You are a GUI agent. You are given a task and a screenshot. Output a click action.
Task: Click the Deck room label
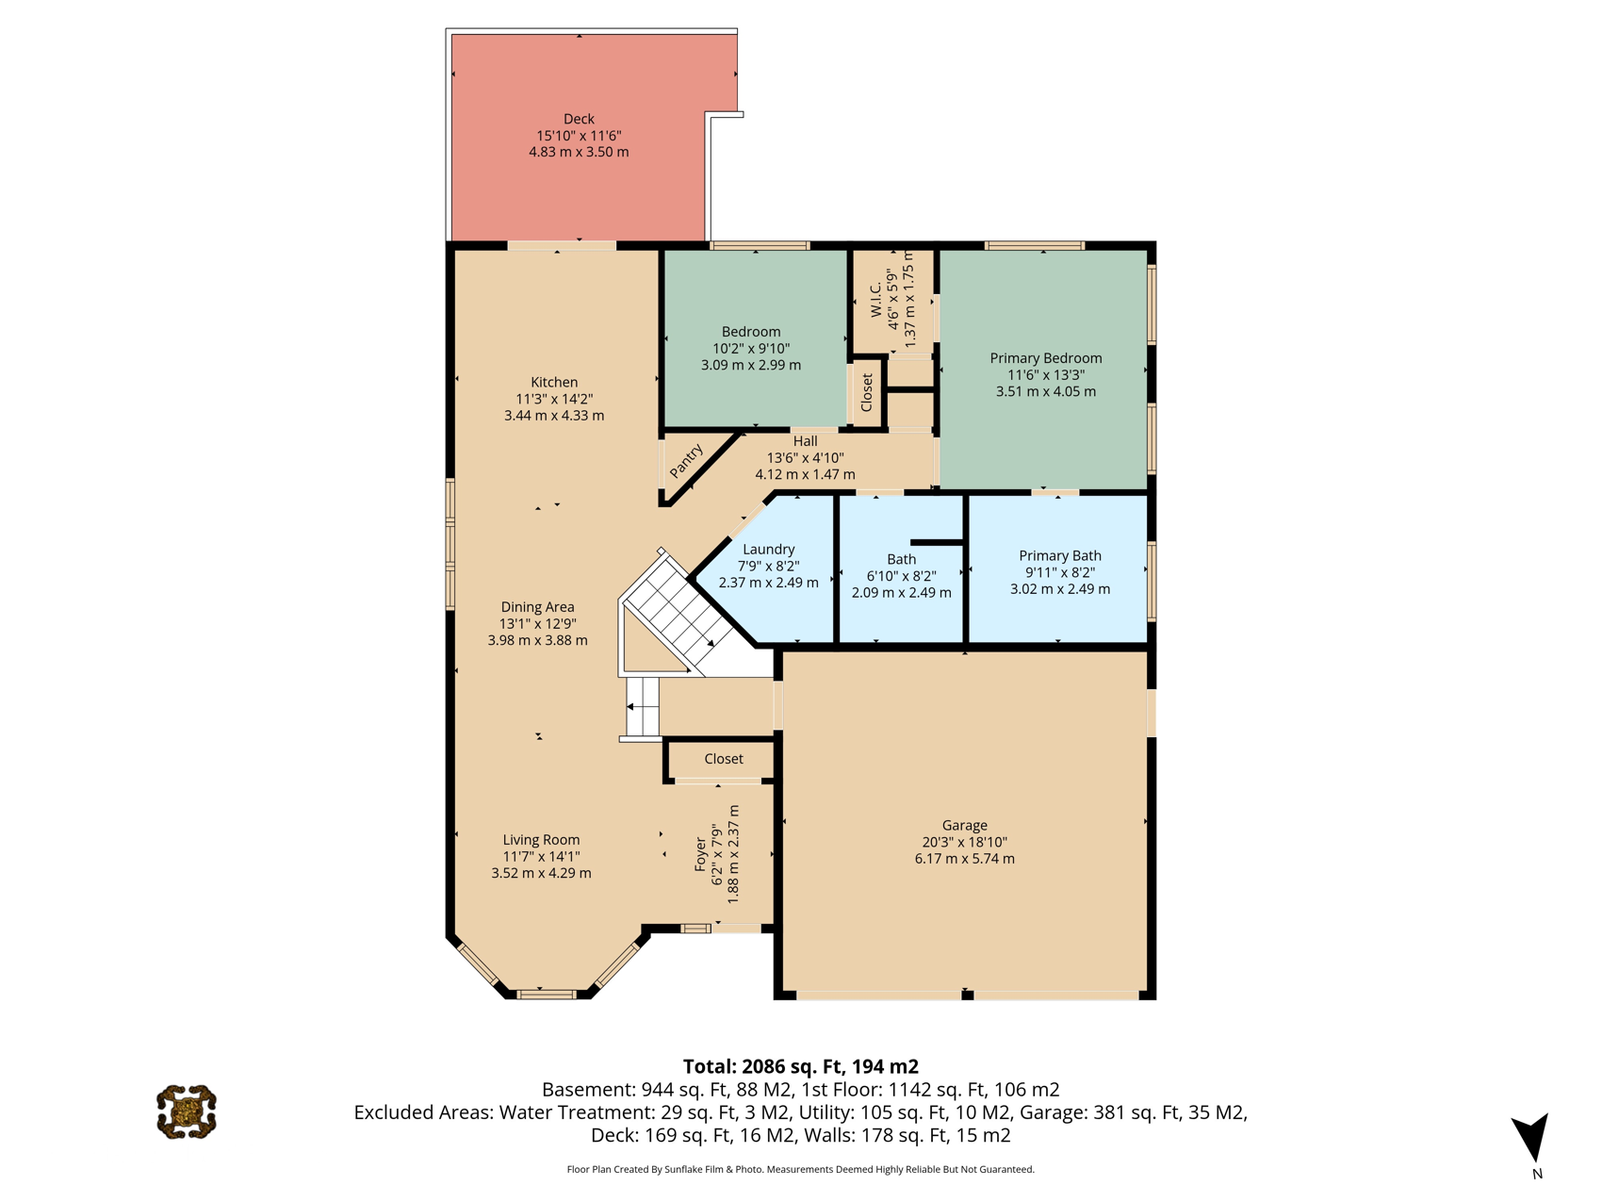(579, 119)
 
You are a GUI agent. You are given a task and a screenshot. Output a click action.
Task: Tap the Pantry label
(686, 461)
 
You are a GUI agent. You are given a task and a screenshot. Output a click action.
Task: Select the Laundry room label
(769, 550)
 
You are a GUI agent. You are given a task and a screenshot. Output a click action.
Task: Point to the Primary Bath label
(1060, 556)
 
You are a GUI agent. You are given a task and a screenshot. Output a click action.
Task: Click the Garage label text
(965, 825)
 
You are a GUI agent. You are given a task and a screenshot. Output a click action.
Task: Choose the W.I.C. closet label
(876, 300)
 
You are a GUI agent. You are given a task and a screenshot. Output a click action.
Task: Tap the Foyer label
(700, 854)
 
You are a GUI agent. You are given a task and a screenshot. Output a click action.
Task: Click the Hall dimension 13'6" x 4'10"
(806, 458)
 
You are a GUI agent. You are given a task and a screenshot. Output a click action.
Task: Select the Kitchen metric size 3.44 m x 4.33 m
(554, 416)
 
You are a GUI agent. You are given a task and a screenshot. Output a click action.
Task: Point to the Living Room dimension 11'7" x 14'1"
(541, 856)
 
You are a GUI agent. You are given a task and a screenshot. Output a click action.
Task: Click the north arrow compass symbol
(1532, 1138)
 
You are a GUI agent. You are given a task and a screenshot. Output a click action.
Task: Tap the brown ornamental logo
(187, 1111)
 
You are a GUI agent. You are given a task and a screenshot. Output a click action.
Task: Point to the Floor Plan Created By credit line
(800, 1169)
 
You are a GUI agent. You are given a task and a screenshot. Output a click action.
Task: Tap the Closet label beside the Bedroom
(867, 393)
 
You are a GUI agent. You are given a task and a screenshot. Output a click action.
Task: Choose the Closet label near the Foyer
(724, 759)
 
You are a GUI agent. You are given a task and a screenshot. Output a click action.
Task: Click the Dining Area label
(537, 607)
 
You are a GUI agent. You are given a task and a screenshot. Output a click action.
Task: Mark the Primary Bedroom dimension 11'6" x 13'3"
(1046, 374)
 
